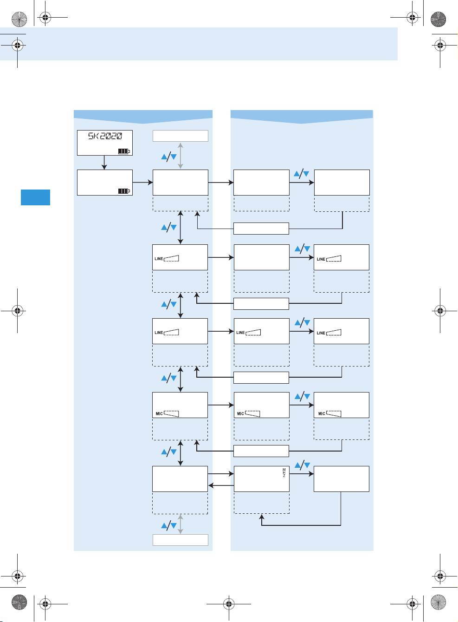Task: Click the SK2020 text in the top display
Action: [105, 136]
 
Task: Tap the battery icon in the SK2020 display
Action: [124, 151]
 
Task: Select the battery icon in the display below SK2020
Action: [124, 191]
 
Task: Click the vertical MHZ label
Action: [284, 473]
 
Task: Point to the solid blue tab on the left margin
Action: [35, 197]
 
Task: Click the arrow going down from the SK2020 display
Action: [104, 162]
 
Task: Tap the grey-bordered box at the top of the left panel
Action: [180, 136]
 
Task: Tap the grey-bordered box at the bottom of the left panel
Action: [180, 540]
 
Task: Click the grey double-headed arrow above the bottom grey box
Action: [181, 524]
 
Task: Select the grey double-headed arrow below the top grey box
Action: [181, 156]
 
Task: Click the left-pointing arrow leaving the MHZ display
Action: [221, 485]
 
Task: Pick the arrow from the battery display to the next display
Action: [142, 183]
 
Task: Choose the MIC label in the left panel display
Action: [159, 414]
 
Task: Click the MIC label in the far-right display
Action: [322, 414]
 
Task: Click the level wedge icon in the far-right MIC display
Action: [334, 413]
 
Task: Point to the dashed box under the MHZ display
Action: [261, 503]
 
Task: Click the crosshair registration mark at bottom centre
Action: [228, 603]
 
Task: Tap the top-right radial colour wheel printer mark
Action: [438, 19]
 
